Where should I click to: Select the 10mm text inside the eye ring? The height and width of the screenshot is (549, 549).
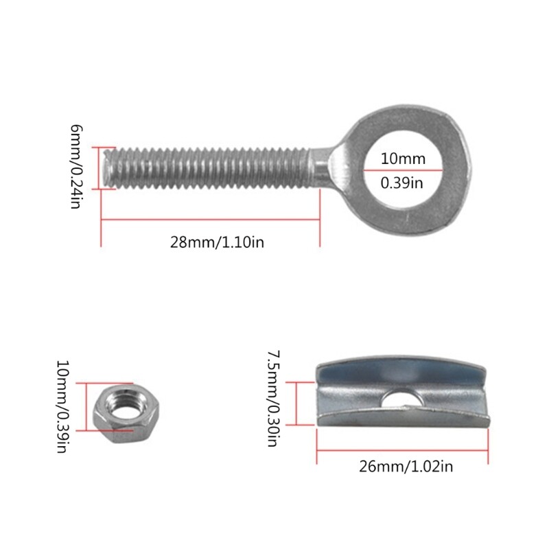403,159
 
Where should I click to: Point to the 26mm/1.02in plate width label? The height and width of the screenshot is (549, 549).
406,467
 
